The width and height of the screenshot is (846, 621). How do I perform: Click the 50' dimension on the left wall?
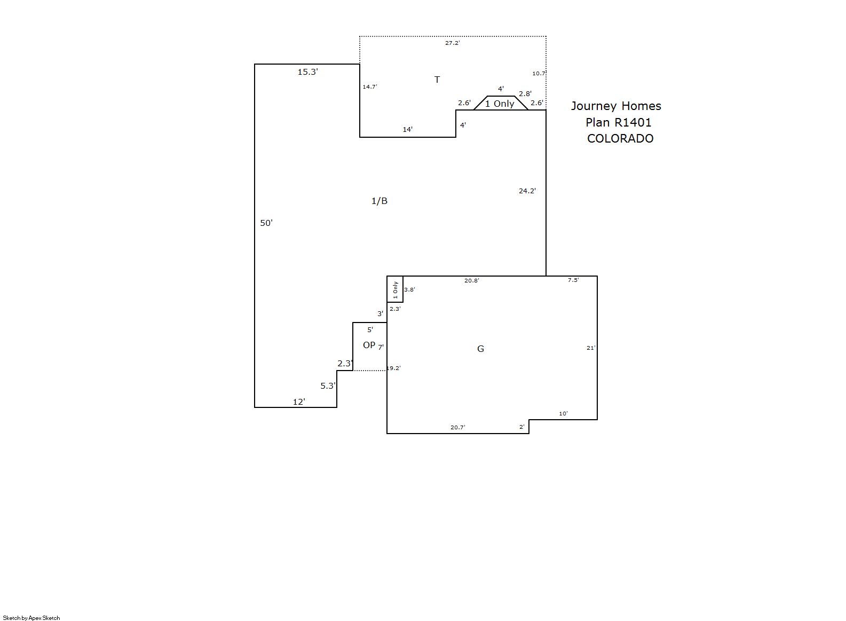pos(266,223)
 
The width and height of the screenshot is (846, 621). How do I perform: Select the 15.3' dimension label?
pos(308,72)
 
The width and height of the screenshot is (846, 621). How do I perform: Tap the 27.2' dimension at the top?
pos(453,43)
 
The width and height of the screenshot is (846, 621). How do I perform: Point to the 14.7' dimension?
pos(370,87)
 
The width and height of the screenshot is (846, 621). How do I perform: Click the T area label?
pos(437,80)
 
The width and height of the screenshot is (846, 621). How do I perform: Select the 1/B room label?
pos(379,201)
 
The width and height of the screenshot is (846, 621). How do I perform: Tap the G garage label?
pos(480,349)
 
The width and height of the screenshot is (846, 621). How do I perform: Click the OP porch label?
pos(369,345)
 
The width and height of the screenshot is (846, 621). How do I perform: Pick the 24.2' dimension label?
pos(527,191)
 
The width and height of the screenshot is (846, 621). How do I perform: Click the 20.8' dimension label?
pos(472,281)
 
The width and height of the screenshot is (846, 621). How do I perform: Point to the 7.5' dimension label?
pos(573,280)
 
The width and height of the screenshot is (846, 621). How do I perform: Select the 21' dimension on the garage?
pos(591,348)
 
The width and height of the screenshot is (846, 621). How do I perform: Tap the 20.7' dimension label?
pos(458,427)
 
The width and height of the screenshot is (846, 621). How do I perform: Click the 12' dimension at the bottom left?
pos(299,402)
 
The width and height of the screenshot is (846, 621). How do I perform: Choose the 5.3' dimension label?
pos(328,386)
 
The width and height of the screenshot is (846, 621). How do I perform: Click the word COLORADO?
pos(620,139)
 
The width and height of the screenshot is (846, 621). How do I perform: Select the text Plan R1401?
pos(619,122)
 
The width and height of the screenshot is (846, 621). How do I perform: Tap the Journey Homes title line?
pos(616,106)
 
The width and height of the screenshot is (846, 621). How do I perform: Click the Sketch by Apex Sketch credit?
pos(31,618)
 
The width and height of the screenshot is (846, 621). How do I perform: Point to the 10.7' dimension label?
pos(539,73)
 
